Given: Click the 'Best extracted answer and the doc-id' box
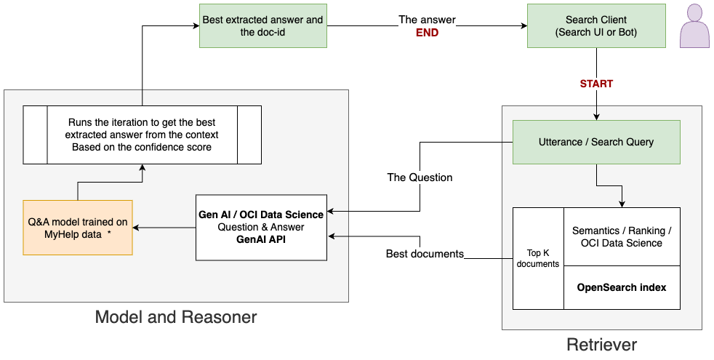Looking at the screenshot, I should click(262, 26).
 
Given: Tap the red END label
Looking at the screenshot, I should click(427, 33).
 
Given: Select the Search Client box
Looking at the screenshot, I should click(595, 26).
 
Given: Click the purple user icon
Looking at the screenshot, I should click(694, 28).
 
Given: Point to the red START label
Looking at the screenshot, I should click(596, 84).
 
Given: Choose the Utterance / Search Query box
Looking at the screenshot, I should click(596, 142).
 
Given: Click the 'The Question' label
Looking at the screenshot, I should click(420, 177).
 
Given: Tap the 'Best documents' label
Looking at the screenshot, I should click(425, 254).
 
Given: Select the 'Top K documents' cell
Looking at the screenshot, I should click(538, 258).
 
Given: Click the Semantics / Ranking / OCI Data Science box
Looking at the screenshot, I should click(622, 236).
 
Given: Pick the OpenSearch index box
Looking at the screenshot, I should click(622, 287).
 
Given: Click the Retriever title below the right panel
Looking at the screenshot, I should click(601, 344).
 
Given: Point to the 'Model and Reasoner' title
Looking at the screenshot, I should click(176, 317).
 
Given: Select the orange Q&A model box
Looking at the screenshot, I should click(78, 227).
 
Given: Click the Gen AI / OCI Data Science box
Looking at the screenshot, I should click(261, 227).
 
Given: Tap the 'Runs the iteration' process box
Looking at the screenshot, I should click(142, 135).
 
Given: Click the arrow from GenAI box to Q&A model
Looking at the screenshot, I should click(164, 228).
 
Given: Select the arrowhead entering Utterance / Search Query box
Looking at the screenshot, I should click(596, 116).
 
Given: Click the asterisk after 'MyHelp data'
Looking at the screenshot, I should click(108, 233).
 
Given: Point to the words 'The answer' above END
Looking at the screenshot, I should click(427, 20).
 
